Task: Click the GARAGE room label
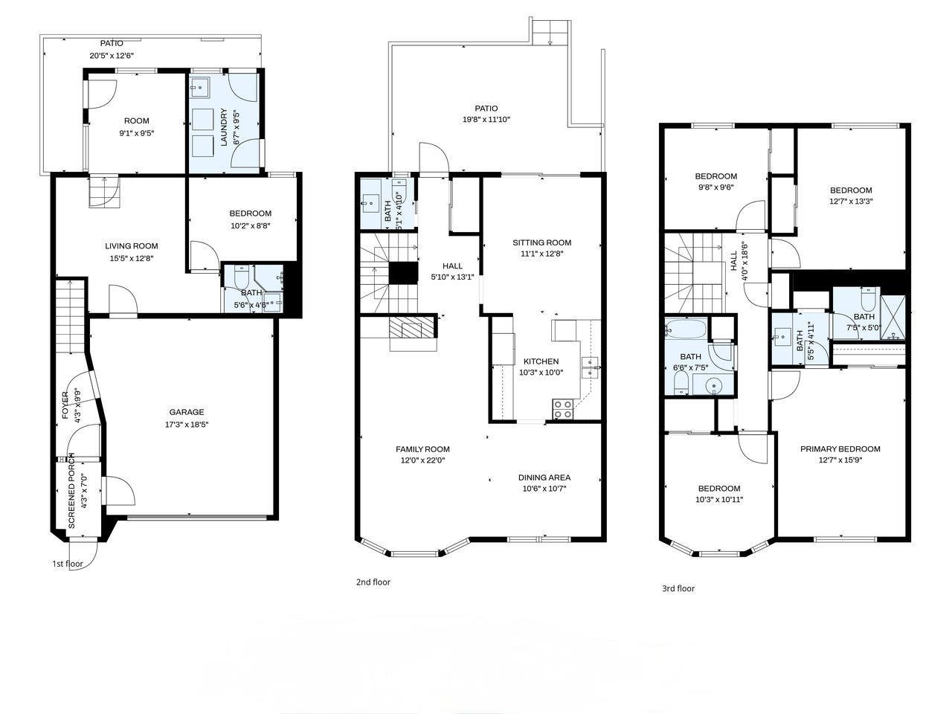(x=186, y=412)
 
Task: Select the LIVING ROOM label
(x=131, y=246)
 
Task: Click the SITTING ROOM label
(x=541, y=242)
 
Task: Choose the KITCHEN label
(x=541, y=361)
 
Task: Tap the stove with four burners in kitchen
(x=562, y=408)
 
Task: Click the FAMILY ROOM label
(x=422, y=448)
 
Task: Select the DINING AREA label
(x=544, y=477)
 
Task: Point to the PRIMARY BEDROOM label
(x=840, y=448)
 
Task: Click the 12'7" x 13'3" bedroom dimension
(x=851, y=201)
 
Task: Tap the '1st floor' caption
(x=68, y=563)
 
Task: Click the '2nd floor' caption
(x=373, y=582)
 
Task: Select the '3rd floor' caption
(x=678, y=588)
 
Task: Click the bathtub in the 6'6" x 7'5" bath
(x=684, y=328)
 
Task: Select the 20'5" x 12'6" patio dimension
(x=112, y=55)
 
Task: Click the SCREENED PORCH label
(x=71, y=491)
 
